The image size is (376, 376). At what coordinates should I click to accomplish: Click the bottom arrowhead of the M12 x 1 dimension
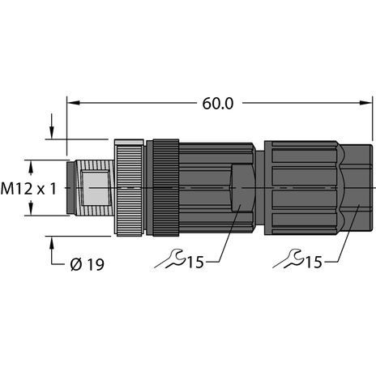click(32, 211)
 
